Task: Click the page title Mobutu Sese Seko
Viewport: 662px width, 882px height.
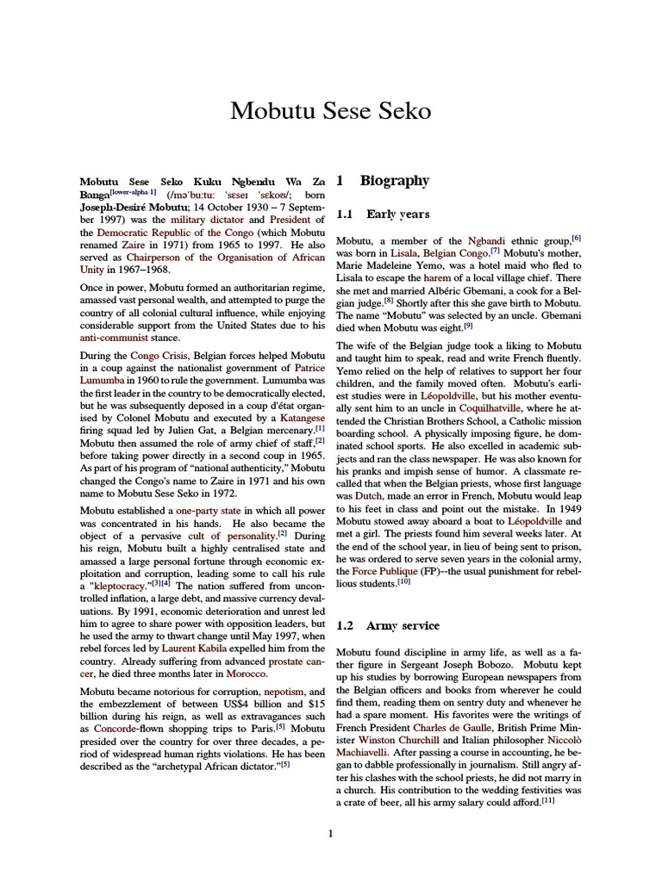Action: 331,111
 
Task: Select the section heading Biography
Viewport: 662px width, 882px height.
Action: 394,181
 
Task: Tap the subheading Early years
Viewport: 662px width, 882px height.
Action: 397,214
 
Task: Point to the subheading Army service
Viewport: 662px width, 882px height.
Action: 403,625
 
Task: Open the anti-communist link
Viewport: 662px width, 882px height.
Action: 115,339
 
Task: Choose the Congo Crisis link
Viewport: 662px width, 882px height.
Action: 160,355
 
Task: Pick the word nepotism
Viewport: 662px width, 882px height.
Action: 283,692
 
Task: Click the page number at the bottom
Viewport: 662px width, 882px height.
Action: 331,833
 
